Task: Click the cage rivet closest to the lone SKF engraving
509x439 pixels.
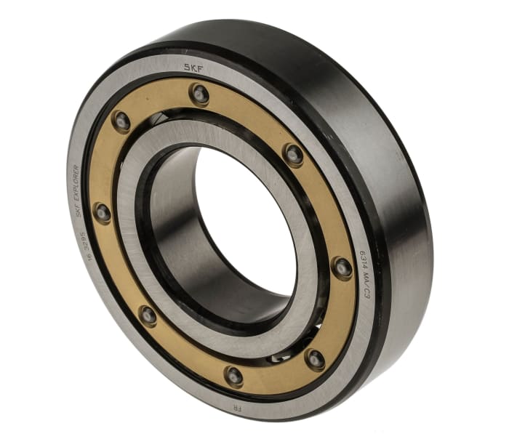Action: click(x=199, y=93)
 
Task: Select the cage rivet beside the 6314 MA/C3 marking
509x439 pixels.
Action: click(x=342, y=267)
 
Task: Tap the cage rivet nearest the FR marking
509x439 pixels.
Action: click(x=233, y=376)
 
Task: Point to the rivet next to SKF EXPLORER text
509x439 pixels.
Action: click(x=103, y=214)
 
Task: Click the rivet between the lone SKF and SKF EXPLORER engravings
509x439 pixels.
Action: click(x=121, y=121)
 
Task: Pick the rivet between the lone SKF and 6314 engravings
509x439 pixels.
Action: click(x=294, y=154)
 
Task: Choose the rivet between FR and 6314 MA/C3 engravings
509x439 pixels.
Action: click(x=315, y=358)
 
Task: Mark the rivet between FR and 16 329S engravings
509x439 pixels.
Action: click(x=148, y=315)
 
